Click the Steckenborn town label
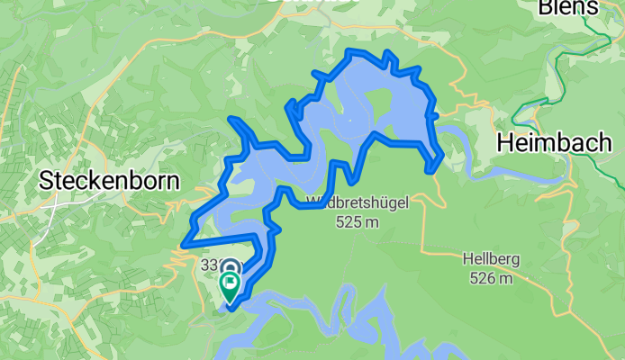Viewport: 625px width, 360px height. point(109,181)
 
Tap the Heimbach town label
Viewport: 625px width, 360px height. point(554,142)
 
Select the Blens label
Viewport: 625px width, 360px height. point(567,8)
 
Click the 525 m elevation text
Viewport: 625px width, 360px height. point(358,220)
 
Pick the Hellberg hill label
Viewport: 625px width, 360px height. point(491,259)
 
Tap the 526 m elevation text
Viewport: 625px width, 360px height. point(491,278)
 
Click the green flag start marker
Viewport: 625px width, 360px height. point(230,287)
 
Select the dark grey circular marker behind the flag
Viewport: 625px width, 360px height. point(230,268)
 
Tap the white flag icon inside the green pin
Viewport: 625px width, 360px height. point(230,284)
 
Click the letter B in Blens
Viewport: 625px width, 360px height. point(546,8)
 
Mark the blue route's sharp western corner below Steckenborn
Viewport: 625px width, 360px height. point(184,244)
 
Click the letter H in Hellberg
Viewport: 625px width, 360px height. point(468,259)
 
